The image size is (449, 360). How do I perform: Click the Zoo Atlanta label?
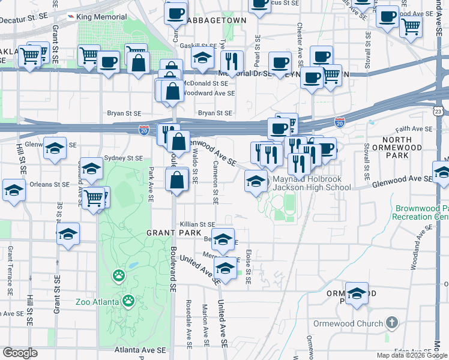97,301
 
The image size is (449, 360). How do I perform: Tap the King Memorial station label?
102,17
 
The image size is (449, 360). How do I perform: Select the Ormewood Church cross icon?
391,323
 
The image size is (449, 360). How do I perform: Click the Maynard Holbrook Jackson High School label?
312,183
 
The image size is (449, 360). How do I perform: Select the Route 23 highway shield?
439,111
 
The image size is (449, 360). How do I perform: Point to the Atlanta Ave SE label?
140,349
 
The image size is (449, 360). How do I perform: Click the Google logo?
19,353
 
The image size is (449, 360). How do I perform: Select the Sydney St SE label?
123,158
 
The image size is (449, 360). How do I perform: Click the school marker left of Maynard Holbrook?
256,181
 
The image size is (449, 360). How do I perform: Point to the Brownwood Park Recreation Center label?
421,212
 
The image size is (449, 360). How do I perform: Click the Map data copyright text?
412,355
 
